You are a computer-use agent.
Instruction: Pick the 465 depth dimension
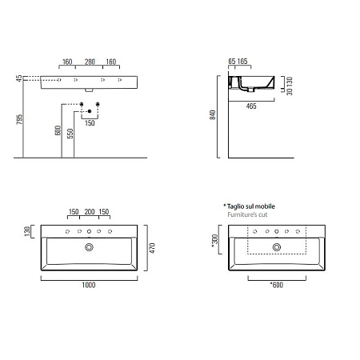pos(250,106)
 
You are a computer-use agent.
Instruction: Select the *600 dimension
pos(276,284)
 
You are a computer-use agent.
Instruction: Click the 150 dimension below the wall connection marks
pos(89,123)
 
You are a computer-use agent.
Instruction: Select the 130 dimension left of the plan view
pos(28,231)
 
